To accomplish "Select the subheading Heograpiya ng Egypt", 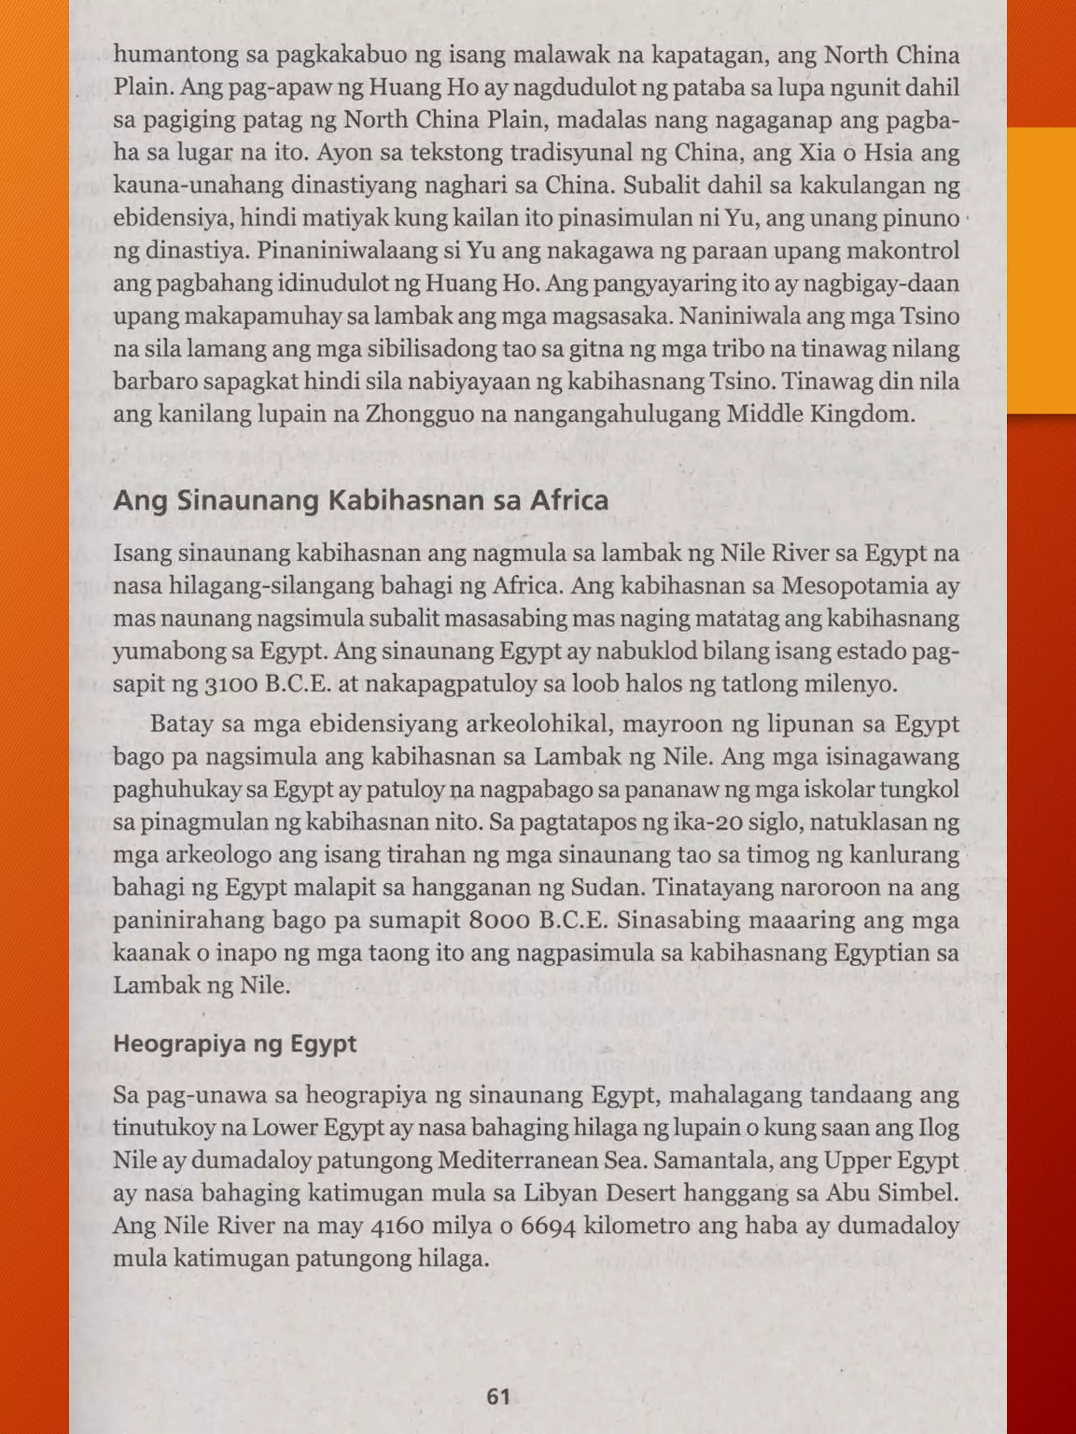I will (x=235, y=1044).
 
